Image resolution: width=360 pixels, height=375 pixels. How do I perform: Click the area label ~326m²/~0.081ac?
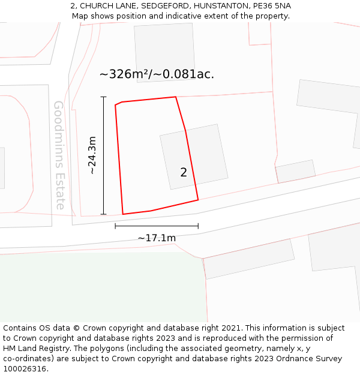tap(157, 74)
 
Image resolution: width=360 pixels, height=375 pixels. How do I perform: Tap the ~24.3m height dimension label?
tap(92, 155)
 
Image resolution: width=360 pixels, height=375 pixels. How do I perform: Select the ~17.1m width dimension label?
tap(157, 238)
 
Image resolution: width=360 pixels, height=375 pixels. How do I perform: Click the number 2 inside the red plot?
tap(184, 173)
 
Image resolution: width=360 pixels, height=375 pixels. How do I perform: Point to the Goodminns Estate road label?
tap(59, 155)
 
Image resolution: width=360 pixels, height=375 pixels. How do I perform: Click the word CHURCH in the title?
tap(98, 6)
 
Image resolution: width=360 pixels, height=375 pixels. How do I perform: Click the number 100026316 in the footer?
tap(25, 369)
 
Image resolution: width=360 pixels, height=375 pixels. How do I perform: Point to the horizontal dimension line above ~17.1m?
tap(157, 226)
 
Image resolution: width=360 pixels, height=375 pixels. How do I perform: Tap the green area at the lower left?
tap(102, 288)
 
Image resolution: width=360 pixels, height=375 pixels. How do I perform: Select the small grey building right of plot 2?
tap(295, 170)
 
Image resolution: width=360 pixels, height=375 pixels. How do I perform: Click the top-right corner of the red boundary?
tap(175, 97)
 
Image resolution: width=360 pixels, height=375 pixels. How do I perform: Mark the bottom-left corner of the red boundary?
tap(123, 214)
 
